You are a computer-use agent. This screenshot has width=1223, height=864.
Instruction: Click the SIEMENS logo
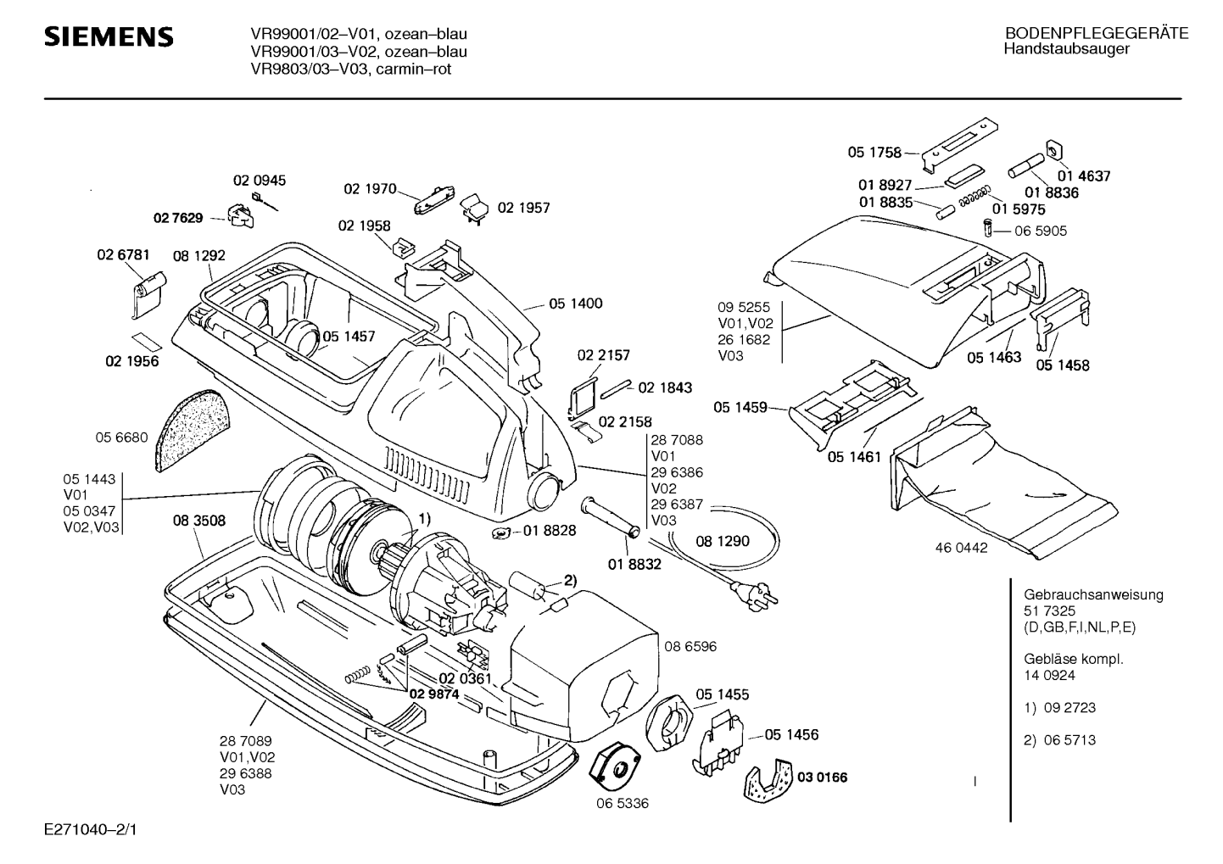click(x=109, y=37)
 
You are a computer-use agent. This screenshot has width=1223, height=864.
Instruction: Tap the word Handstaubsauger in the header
click(x=1066, y=49)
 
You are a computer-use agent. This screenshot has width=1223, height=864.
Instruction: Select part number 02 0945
click(x=260, y=181)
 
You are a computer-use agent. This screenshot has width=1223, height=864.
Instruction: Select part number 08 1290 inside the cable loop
click(x=723, y=541)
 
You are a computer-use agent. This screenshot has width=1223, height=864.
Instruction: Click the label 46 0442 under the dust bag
click(x=961, y=548)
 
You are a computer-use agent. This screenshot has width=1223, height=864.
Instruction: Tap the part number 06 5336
click(x=622, y=803)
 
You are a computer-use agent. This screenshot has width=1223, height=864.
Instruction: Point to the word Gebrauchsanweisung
click(x=1093, y=594)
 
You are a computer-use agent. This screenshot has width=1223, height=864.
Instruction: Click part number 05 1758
click(x=874, y=153)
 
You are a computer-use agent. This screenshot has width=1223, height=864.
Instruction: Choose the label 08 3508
click(x=199, y=521)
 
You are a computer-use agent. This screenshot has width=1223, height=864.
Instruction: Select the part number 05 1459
click(x=740, y=408)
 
